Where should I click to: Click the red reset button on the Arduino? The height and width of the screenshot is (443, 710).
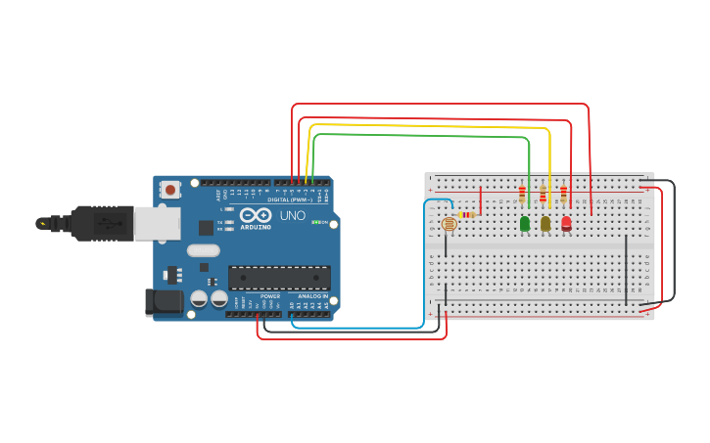[x=170, y=190]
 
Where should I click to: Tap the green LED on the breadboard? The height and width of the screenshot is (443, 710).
[x=525, y=224]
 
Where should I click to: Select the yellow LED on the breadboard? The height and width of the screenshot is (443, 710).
[x=545, y=224]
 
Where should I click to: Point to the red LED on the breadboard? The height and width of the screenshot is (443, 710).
[x=566, y=224]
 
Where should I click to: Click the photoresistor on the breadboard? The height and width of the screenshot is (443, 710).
[x=450, y=224]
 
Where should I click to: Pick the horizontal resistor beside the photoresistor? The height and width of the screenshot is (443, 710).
[x=466, y=215]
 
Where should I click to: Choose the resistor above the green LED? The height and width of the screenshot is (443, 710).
[x=522, y=193]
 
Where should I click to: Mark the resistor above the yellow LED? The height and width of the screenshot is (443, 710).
[x=543, y=193]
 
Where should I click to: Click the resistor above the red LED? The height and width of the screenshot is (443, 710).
[x=563, y=193]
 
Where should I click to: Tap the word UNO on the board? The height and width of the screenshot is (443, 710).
[x=293, y=215]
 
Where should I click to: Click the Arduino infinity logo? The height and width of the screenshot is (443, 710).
[x=255, y=215]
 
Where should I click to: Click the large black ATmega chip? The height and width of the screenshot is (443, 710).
[x=279, y=277]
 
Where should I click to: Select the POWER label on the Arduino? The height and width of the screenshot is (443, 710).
[x=270, y=296]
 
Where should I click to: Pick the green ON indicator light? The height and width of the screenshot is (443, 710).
[x=315, y=222]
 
